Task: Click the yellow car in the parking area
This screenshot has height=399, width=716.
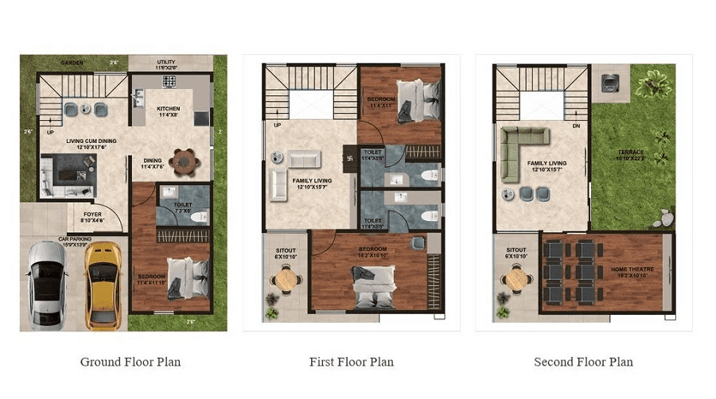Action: [x=104, y=285]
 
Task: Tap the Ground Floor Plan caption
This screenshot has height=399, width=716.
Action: [x=130, y=362]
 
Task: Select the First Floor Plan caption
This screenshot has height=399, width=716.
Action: [x=351, y=362]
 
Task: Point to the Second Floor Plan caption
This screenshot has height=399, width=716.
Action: [x=583, y=362]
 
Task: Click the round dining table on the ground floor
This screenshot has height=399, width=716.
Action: [x=185, y=161]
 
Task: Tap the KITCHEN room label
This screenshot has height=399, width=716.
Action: [x=168, y=109]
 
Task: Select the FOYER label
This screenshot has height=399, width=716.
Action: [x=92, y=213]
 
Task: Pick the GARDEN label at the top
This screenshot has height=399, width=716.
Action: [x=72, y=61]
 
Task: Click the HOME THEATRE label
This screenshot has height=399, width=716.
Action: [x=632, y=269]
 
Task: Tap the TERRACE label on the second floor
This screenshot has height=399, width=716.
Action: [x=630, y=152]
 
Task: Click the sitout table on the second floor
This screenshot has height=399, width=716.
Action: [x=517, y=279]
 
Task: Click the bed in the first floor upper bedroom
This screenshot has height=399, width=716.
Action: [x=418, y=99]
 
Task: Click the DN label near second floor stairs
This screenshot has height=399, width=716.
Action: [x=575, y=126]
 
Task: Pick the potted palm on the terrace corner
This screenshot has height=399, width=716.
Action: [x=654, y=81]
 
